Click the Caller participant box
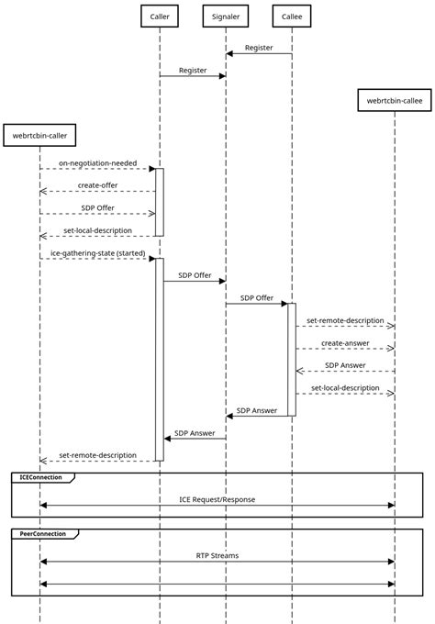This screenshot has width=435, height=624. (159, 16)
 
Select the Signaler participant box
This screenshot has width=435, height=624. (226, 16)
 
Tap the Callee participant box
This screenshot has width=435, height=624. (292, 16)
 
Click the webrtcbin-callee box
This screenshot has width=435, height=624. (395, 100)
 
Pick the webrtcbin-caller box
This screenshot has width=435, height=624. (39, 136)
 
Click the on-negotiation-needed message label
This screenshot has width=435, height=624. (97, 162)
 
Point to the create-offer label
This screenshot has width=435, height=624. (97, 185)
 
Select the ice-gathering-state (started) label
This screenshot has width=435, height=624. (97, 252)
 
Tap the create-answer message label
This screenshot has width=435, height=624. (345, 342)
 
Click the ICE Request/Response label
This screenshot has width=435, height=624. (217, 499)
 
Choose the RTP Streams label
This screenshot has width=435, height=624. (217, 555)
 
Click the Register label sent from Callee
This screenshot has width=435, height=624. (259, 48)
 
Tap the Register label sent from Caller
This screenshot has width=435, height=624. (193, 70)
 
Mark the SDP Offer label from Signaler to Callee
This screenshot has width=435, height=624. (257, 297)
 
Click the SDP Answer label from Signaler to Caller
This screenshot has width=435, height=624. (195, 432)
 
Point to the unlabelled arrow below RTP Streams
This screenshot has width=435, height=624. (217, 584)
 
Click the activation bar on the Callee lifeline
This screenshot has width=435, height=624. (292, 359)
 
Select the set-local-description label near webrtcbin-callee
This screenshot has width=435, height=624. (345, 387)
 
